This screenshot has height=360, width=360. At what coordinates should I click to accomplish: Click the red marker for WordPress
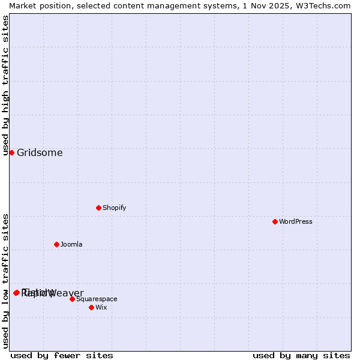pos(275,221)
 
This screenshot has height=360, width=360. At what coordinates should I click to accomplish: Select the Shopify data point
pos(98,208)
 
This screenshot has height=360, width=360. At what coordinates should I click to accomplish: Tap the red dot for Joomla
pos(56,244)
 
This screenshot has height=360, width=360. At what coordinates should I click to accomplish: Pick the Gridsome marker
pos(11,152)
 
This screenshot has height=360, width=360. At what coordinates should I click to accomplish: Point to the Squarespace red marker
pos(72,299)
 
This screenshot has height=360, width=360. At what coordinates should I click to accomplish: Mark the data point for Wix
pos(91,307)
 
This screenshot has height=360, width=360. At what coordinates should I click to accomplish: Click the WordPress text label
pos(296,221)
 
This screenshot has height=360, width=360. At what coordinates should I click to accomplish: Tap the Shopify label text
pos(114,208)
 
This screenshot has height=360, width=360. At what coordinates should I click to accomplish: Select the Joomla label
pos(71,244)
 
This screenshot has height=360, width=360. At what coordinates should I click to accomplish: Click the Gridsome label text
pos(40,152)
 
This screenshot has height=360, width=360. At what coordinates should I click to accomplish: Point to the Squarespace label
pos(97,299)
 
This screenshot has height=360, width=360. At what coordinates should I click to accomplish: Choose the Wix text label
pos(101,307)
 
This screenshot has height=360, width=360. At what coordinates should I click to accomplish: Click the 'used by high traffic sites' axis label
pos(5,85)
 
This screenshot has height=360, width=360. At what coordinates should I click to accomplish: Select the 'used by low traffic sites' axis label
pos(5,280)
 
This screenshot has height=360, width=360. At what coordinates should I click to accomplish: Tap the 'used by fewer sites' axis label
pos(62,355)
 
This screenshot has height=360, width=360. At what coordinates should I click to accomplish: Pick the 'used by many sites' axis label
pos(301,355)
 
